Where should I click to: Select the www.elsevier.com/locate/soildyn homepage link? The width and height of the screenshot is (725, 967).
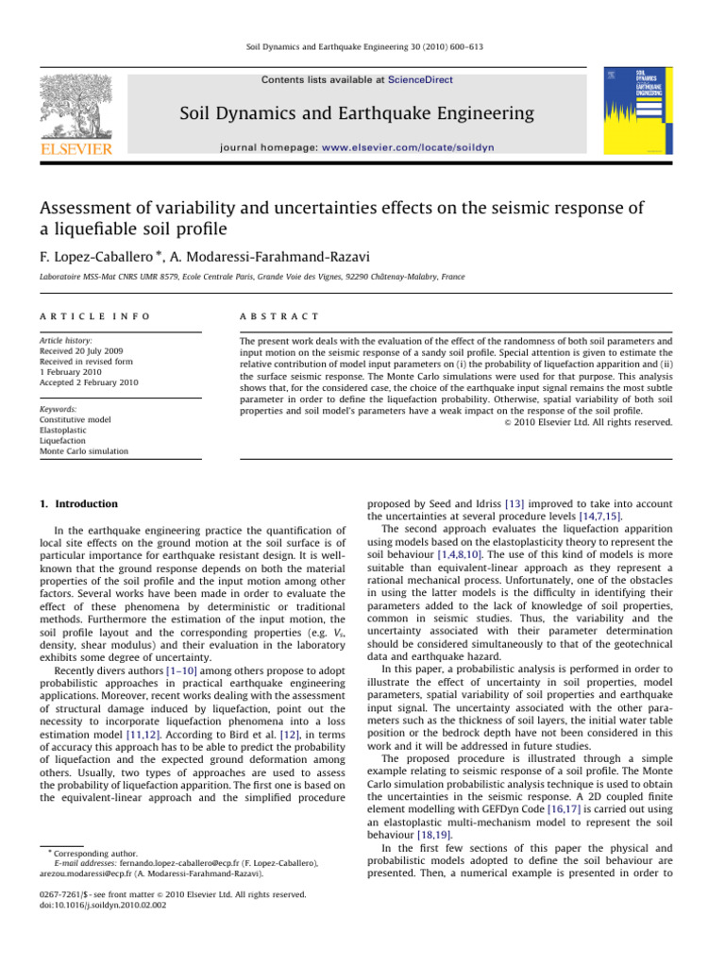click(x=425, y=147)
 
